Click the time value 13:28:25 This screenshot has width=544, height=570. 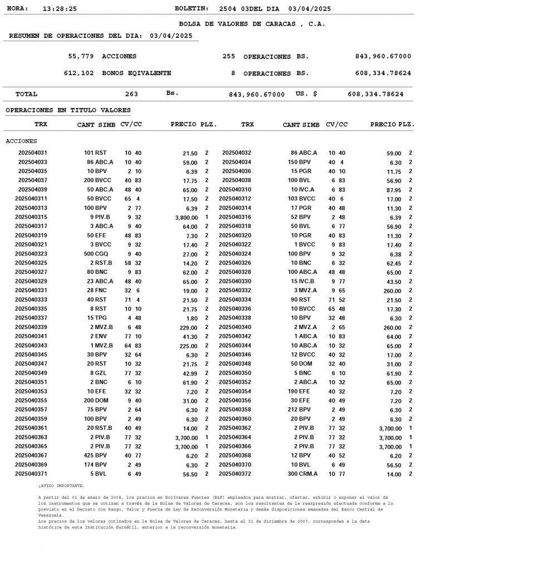[60, 9]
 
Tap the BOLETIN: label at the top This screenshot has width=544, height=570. [192, 9]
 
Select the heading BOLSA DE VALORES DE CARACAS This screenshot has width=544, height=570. [252, 24]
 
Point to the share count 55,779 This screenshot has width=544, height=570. [81, 56]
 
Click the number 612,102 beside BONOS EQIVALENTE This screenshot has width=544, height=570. [79, 73]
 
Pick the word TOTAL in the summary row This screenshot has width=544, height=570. [26, 94]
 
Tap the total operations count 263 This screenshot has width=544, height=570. [131, 94]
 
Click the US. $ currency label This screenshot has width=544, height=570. [306, 94]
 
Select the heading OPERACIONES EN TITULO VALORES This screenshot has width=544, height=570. [68, 110]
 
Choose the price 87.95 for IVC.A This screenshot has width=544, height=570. [393, 190]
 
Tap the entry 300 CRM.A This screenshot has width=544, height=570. [302, 474]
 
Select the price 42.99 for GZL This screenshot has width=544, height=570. [189, 374]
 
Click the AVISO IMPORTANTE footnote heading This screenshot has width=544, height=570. [61, 486]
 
